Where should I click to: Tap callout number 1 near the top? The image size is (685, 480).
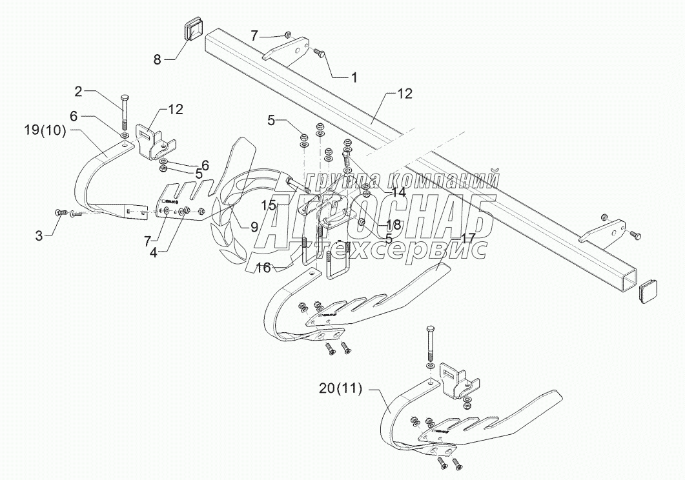(353, 77)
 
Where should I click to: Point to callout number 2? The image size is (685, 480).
(79, 92)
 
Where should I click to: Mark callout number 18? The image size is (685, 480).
(393, 224)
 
